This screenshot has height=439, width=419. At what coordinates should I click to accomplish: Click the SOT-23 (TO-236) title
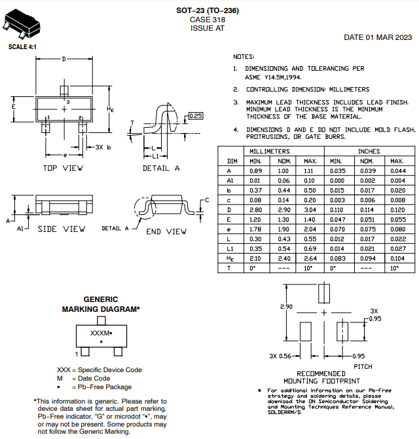208,10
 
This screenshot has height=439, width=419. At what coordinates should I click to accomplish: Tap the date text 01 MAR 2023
389,37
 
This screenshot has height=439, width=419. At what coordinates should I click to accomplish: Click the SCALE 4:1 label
22,47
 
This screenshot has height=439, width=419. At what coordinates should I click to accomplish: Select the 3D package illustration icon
21,24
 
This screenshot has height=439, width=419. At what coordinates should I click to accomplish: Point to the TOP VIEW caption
63,168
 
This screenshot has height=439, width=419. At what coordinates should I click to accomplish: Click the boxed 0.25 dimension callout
196,115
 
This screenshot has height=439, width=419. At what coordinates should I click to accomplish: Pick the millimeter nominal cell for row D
283,210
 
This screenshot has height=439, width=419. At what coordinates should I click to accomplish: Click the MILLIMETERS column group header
270,151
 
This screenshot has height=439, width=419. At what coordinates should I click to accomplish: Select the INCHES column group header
369,151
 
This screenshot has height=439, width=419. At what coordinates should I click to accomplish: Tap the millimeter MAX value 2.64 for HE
310,258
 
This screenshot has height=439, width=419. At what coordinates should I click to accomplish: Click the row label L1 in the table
230,248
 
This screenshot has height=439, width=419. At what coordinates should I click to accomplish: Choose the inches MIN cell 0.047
338,220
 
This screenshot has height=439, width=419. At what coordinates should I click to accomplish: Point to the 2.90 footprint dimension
286,307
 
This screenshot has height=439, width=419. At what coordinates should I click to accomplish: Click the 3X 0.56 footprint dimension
280,356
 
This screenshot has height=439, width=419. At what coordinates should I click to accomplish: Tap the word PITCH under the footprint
363,367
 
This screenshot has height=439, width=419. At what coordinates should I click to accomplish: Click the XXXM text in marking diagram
100,333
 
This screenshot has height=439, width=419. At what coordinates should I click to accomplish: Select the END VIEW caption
166,232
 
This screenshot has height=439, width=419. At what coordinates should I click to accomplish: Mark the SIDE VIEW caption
62,229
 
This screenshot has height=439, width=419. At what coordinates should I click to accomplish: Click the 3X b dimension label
103,147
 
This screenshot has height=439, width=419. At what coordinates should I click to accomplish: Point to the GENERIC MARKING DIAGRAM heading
101,304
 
